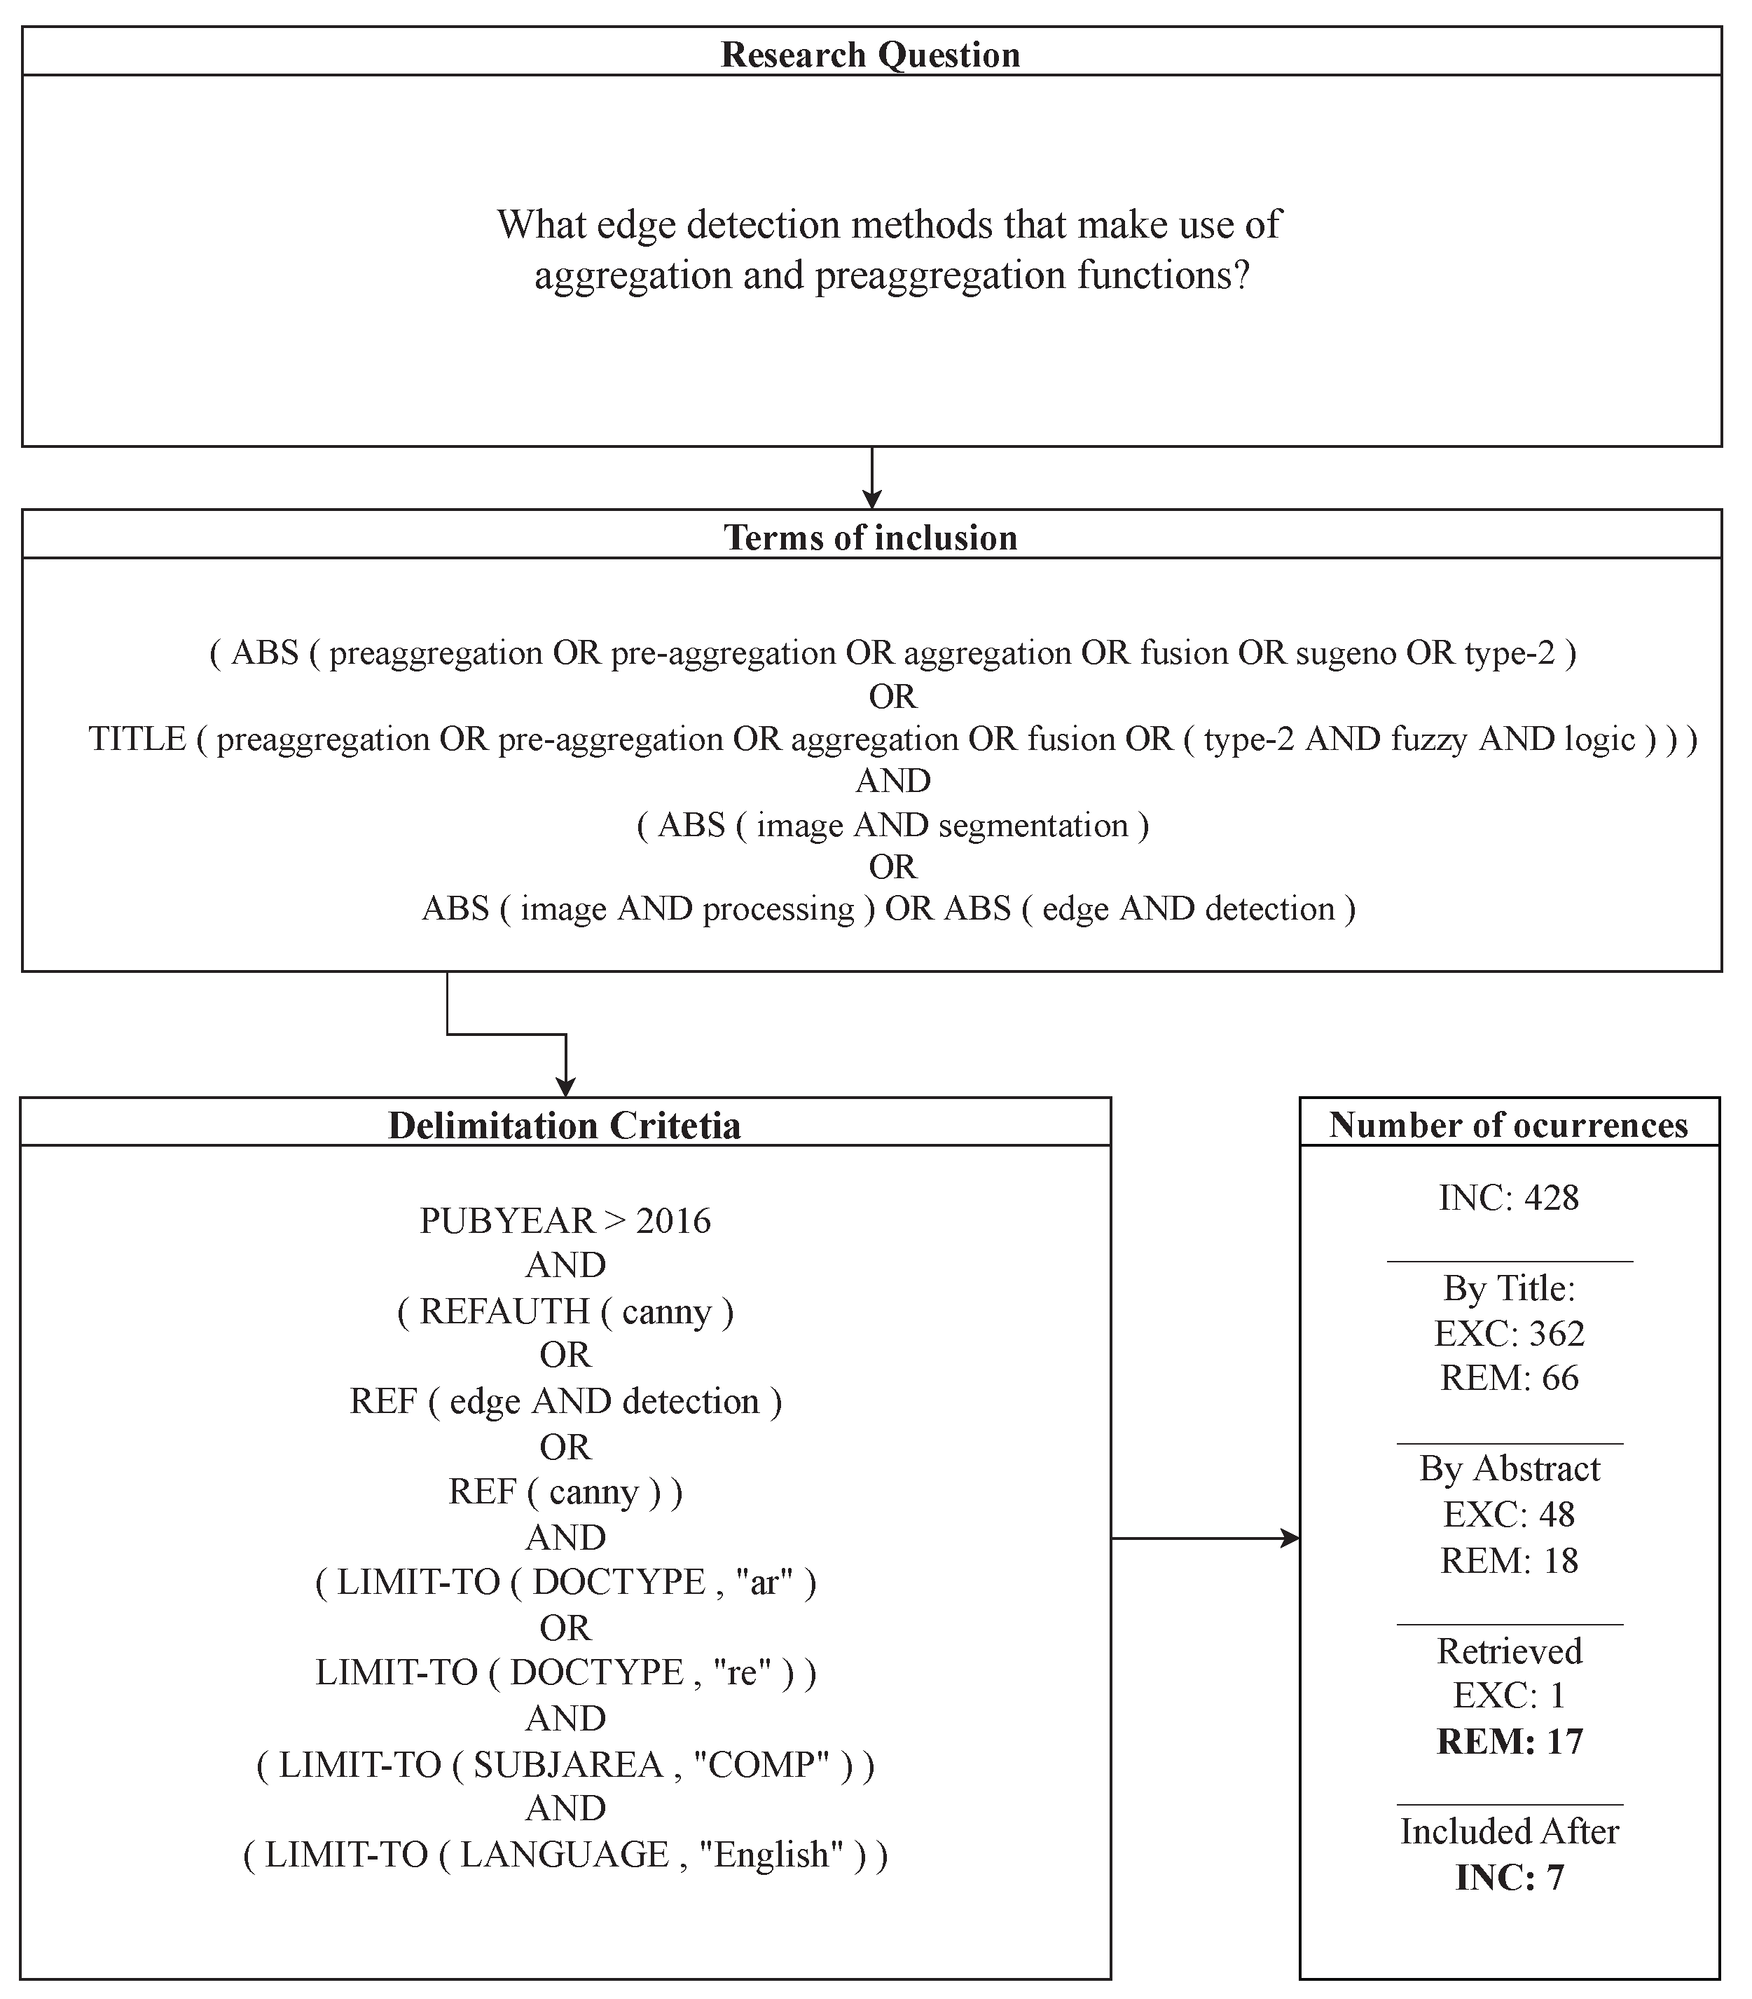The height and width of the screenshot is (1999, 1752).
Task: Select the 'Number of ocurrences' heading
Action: click(x=1508, y=1125)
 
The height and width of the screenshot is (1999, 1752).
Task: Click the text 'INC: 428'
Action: click(x=1508, y=1198)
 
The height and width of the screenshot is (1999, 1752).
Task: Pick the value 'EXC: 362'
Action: click(x=1508, y=1333)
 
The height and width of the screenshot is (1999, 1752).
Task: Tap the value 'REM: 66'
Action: click(x=1508, y=1378)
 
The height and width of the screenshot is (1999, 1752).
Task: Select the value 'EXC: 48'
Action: click(x=1508, y=1514)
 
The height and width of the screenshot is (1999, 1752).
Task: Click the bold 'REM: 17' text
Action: click(x=1508, y=1742)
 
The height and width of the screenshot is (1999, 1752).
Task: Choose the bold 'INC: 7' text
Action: click(x=1508, y=1878)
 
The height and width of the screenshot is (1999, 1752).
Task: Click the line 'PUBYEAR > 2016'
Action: click(x=565, y=1220)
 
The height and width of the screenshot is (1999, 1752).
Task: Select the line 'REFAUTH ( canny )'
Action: click(x=565, y=1311)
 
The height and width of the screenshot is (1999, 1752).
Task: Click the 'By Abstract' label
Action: click(x=1508, y=1469)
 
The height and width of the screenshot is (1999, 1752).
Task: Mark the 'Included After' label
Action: click(x=1508, y=1831)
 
